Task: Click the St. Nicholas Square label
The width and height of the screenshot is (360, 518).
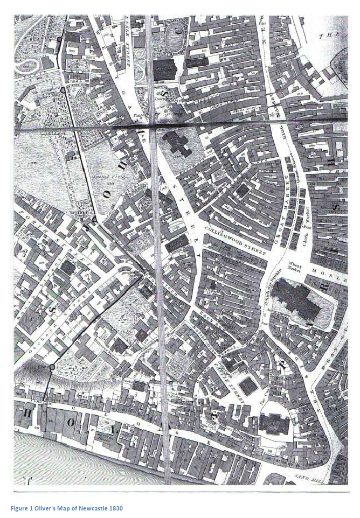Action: pos(267,293)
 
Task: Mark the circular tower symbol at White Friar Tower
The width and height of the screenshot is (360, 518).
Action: pos(52,367)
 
